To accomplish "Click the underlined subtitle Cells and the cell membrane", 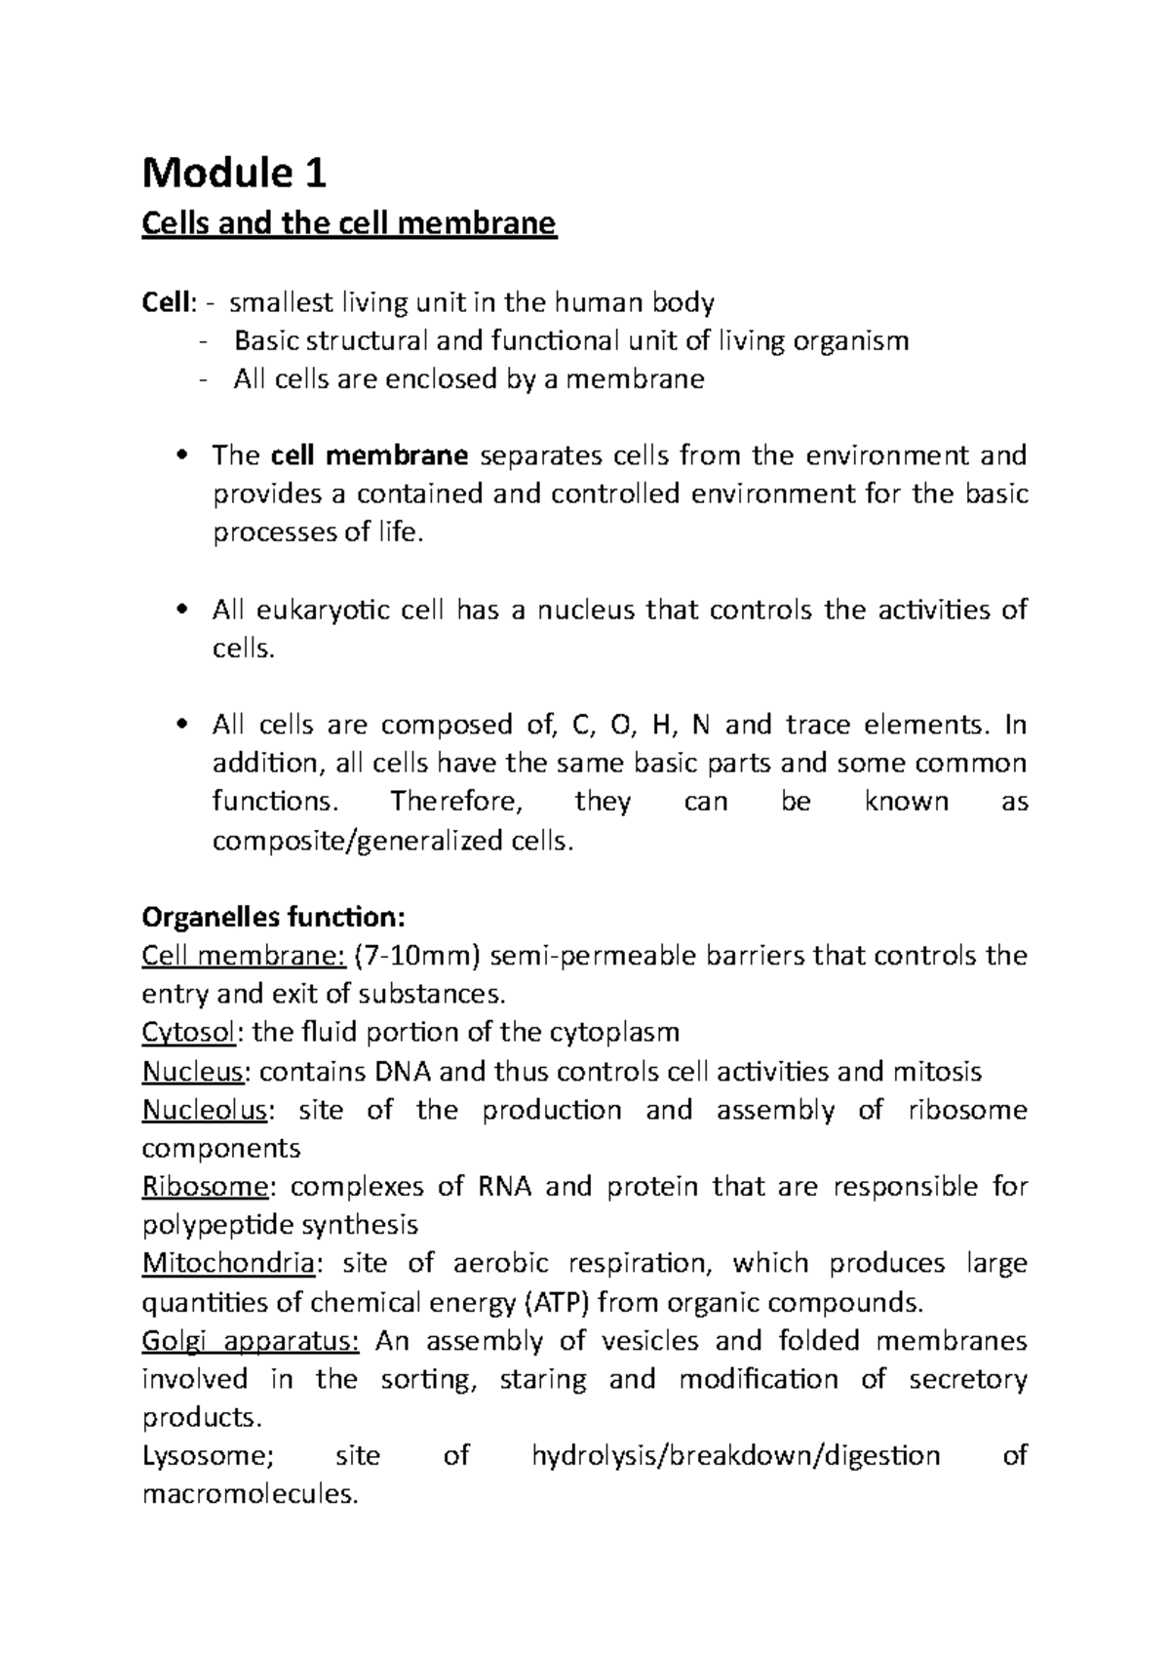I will coord(349,224).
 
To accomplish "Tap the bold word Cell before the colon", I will coord(164,302).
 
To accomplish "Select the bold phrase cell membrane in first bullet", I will coord(370,455).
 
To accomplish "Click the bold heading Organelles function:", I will coord(272,917).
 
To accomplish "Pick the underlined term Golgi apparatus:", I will coord(251,1341).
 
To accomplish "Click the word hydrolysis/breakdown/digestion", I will coord(735,1456).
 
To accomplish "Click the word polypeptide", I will coord(217,1225).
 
